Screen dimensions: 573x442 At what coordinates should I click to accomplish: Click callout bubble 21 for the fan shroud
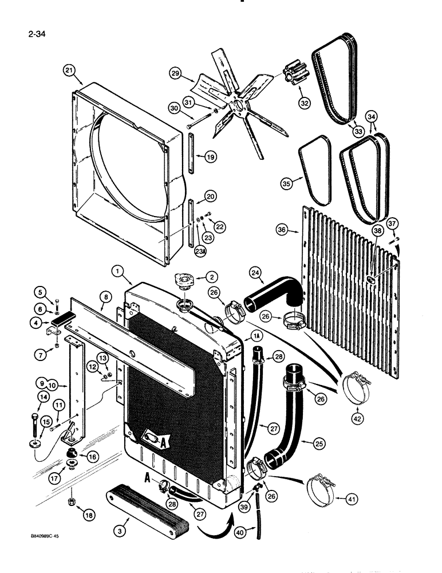pyautogui.click(x=69, y=70)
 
